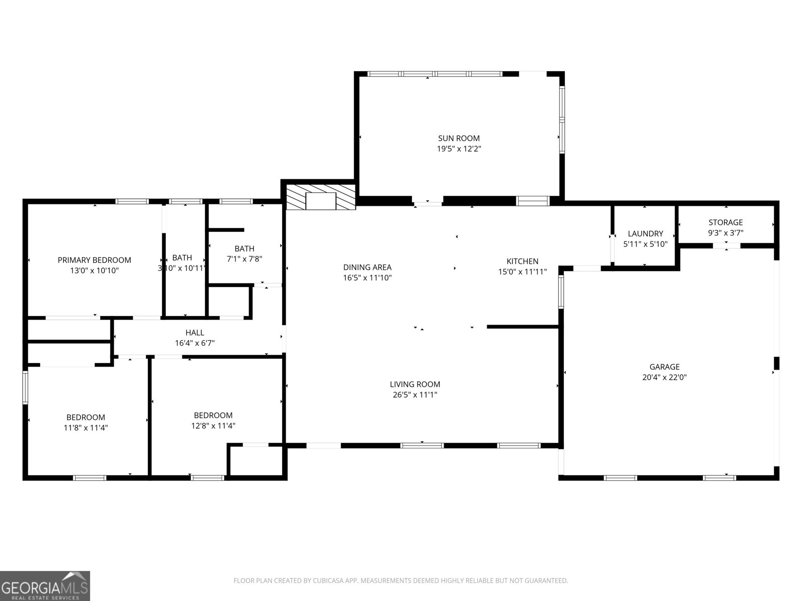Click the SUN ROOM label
459,138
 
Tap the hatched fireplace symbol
320,197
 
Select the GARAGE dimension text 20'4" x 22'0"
664,378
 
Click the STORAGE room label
725,222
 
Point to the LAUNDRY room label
645,233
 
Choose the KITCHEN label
522,261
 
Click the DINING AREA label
367,267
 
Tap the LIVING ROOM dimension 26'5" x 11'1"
415,395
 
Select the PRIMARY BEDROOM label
94,260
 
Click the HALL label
194,333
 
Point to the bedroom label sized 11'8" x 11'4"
86,417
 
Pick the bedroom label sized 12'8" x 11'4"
213,415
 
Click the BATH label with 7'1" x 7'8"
244,248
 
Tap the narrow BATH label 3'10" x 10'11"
182,257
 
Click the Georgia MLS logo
45,585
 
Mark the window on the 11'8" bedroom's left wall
25,387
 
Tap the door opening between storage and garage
726,245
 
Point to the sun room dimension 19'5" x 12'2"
459,149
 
